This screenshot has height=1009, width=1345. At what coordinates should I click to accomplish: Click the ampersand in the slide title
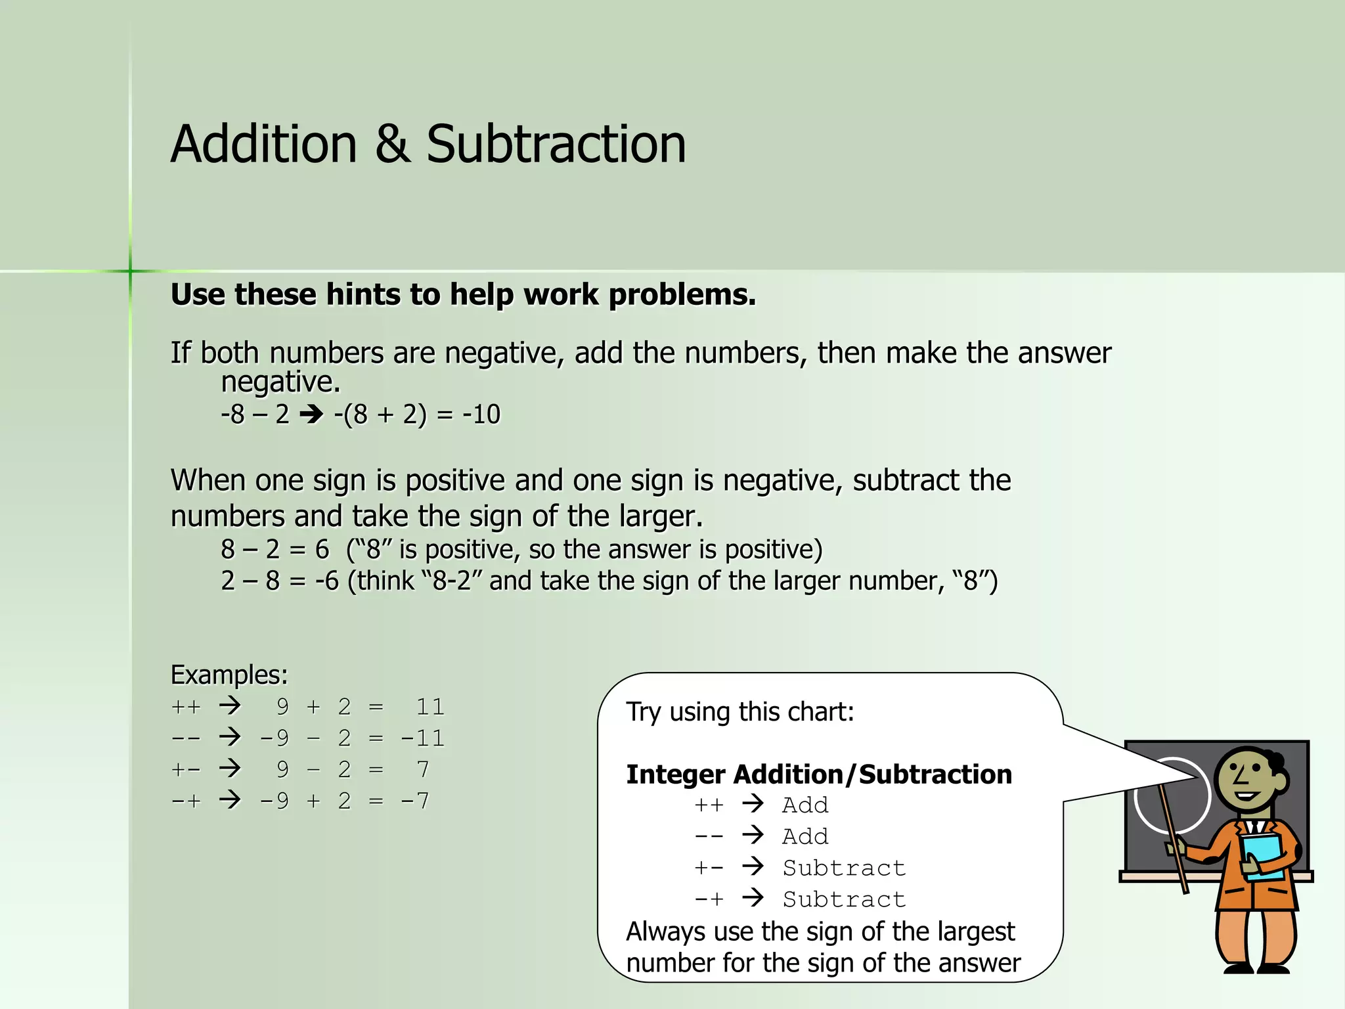click(x=393, y=145)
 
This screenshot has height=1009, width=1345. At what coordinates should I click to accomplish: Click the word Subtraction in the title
click(x=556, y=145)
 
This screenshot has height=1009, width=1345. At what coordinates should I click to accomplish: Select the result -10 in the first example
click(x=481, y=415)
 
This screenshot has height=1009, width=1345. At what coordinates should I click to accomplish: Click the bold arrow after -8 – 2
click(x=311, y=415)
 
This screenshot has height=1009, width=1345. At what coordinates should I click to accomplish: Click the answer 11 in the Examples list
click(x=430, y=707)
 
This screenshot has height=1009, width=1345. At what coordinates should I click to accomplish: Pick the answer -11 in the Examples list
click(x=423, y=738)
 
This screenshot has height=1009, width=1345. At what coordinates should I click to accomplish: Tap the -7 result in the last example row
click(x=415, y=801)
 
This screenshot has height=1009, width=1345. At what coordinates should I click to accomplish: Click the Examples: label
click(x=229, y=675)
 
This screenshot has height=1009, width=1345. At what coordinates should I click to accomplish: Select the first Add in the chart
click(x=805, y=805)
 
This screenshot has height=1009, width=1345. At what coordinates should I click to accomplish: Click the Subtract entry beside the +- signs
click(x=844, y=868)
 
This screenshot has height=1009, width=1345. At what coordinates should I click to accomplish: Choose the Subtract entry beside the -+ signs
click(x=844, y=899)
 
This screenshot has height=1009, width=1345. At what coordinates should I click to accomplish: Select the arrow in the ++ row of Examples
click(x=230, y=706)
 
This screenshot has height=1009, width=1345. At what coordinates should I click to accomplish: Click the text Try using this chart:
click(x=740, y=712)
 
